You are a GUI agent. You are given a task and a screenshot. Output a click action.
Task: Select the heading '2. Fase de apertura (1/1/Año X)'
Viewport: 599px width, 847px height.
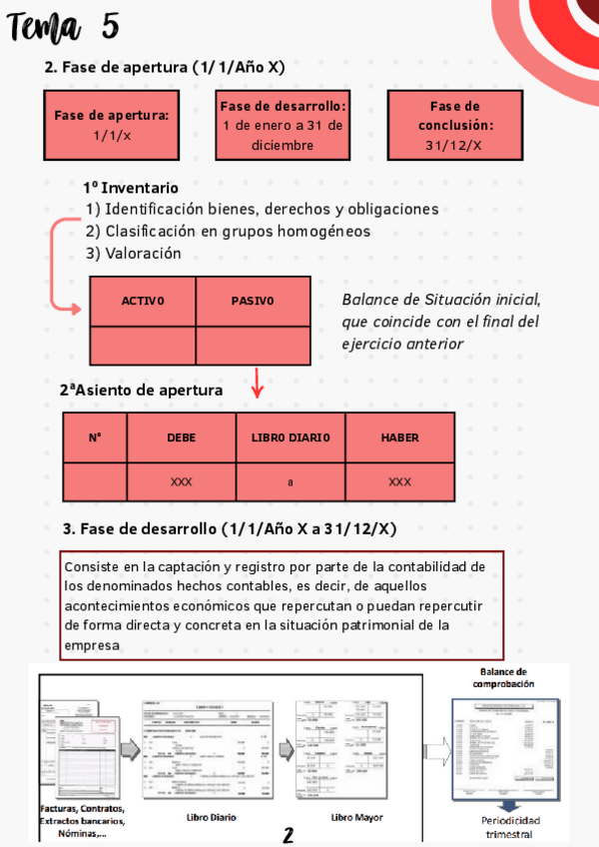165,68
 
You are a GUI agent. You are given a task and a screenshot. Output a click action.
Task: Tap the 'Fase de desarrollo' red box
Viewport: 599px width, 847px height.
283,125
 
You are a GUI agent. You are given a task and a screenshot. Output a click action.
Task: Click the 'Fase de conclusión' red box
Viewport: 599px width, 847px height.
454,125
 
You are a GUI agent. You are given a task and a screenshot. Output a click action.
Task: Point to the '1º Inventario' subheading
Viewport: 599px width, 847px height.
131,188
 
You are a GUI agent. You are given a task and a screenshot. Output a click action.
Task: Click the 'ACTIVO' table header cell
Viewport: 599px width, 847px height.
143,301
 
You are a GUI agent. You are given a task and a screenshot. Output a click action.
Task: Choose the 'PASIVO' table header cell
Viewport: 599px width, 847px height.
252,301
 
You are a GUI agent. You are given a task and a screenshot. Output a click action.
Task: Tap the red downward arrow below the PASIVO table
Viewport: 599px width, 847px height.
258,383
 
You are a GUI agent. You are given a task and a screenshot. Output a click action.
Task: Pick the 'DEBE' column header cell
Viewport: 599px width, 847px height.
181,437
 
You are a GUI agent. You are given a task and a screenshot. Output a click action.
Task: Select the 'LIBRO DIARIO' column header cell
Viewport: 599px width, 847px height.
291,437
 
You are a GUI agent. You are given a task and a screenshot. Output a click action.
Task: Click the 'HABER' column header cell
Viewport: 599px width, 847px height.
399,437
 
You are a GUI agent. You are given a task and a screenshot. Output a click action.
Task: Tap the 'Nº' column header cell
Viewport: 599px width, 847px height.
95,437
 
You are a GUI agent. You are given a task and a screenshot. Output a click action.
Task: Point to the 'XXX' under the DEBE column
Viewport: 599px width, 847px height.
181,482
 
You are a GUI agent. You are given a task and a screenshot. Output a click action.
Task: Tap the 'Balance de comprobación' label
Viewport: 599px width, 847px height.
504,678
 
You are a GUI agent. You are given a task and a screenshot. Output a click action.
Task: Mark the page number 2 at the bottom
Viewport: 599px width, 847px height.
288,834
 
